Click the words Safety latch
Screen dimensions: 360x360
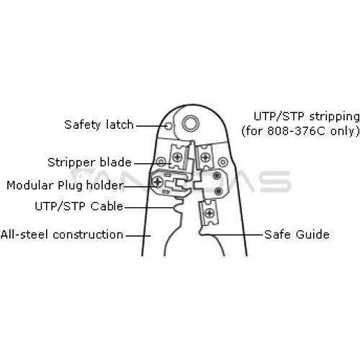(x=99, y=125)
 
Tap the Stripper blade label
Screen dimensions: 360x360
(x=89, y=163)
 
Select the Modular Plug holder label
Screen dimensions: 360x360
(x=65, y=186)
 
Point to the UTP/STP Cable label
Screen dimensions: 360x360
(x=79, y=206)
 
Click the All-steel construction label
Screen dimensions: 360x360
(x=62, y=235)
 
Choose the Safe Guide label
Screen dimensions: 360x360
(x=297, y=235)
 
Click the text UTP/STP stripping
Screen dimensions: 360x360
(x=307, y=117)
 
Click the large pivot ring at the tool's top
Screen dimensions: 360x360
(x=191, y=124)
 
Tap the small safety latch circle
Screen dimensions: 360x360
(x=169, y=126)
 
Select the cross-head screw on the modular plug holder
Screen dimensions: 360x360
(x=158, y=181)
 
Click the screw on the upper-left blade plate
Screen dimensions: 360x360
(x=178, y=157)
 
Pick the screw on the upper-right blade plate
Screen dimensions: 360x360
(x=205, y=158)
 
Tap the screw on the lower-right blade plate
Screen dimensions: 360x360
(x=210, y=213)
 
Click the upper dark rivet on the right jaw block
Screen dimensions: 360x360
(x=217, y=176)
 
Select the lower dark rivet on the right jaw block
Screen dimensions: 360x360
(x=218, y=192)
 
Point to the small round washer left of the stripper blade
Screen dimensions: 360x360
(x=161, y=162)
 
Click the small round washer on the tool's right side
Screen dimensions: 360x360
(x=222, y=162)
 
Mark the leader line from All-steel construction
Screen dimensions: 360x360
(x=138, y=235)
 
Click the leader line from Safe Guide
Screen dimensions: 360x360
(x=233, y=235)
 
